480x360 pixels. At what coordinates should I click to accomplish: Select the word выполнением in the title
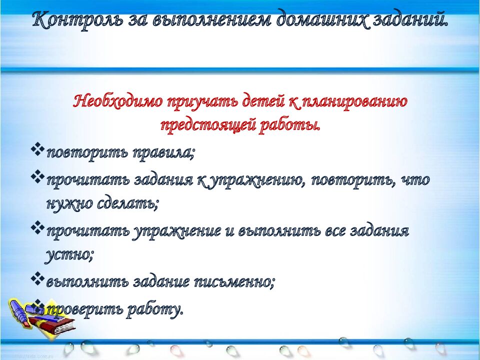pos(205,20)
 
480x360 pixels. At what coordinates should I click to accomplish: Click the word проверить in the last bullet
pos(82,309)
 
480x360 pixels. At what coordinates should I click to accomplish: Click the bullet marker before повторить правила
pos(37,150)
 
